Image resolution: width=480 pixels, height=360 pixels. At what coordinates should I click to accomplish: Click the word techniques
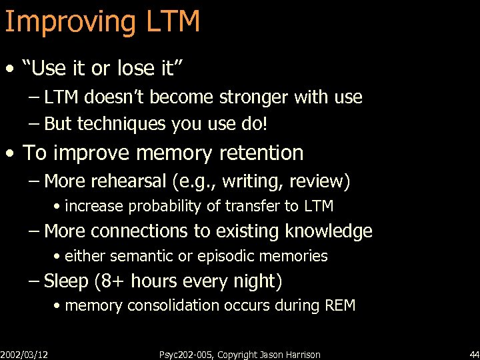(123, 125)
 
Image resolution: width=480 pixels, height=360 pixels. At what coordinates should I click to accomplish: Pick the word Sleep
(65, 281)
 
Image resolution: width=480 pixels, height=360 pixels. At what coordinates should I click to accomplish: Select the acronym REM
(339, 306)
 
